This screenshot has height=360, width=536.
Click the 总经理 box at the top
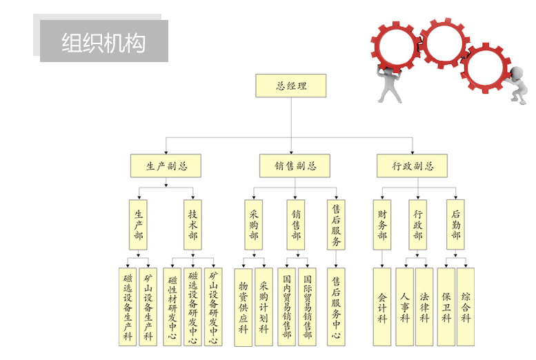click(x=290, y=86)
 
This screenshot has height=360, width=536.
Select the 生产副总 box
click(x=166, y=166)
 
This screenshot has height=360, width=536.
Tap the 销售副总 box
click(x=295, y=166)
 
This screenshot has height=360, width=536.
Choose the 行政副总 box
click(x=412, y=166)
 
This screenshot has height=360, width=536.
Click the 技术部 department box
click(x=193, y=225)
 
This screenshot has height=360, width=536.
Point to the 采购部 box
click(x=253, y=225)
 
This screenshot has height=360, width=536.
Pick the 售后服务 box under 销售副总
click(x=336, y=225)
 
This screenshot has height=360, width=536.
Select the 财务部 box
click(x=382, y=225)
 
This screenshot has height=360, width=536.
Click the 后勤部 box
click(x=455, y=225)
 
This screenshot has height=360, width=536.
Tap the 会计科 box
click(x=382, y=307)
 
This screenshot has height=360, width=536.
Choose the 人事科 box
click(x=405, y=307)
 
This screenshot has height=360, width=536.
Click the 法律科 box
click(x=424, y=307)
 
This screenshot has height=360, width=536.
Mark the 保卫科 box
click(x=446, y=307)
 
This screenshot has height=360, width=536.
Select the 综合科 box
click(x=466, y=307)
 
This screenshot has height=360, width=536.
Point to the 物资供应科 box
click(x=244, y=307)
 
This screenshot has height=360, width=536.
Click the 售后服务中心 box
click(x=336, y=307)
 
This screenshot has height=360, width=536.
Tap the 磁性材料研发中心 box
click(x=172, y=307)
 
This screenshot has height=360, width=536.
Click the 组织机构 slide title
click(x=103, y=42)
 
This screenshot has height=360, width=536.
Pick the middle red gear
click(x=445, y=43)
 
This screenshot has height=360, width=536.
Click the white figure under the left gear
click(x=389, y=86)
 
